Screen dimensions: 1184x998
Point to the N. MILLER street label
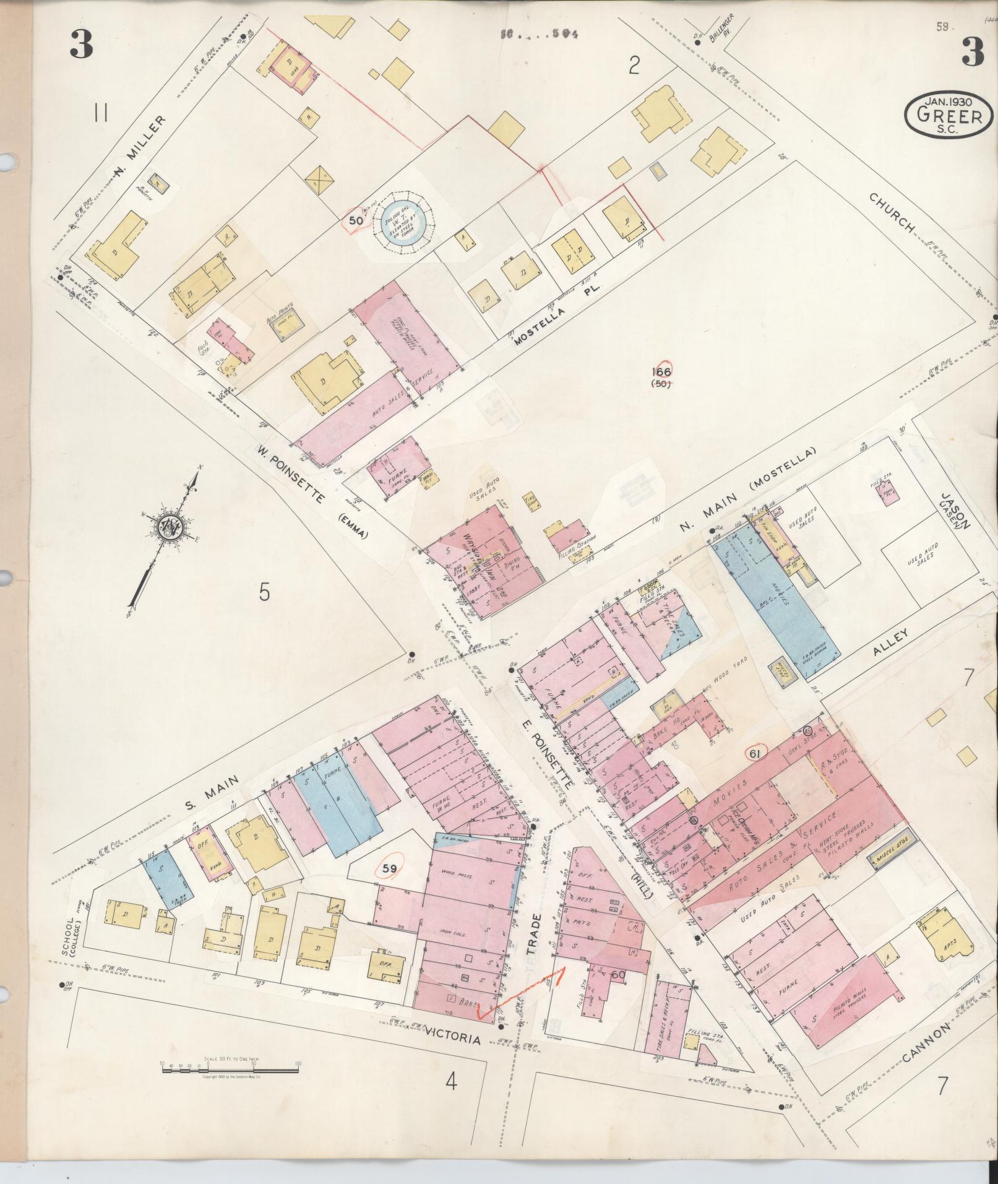point(140,146)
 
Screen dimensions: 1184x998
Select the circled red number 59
point(389,869)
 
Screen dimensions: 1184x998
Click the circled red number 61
point(754,753)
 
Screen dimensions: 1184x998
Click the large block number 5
point(264,593)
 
